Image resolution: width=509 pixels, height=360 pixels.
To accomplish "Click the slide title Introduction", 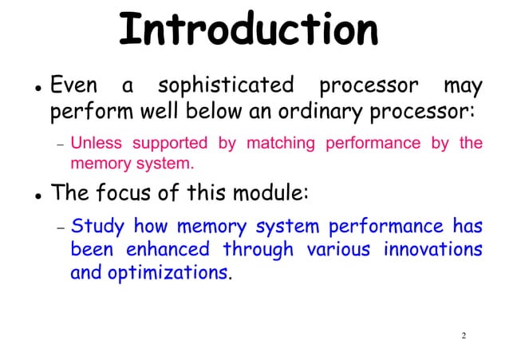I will pos(248,30).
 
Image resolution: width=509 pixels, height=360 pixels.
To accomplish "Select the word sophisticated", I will pos(226,85).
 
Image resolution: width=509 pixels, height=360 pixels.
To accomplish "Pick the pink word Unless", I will pos(91,144).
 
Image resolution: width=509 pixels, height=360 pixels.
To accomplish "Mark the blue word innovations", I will pos(433,250).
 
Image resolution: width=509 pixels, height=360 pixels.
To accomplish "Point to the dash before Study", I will pos(59,229).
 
